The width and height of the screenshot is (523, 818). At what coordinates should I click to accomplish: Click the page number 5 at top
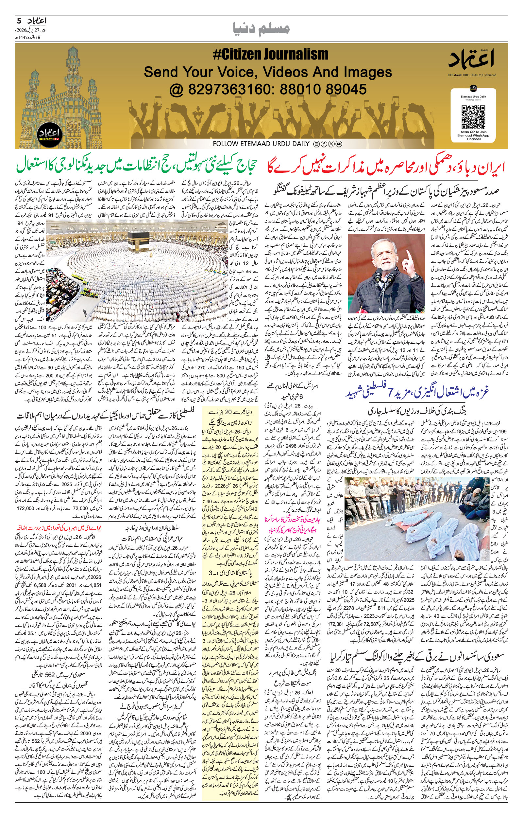point(19,21)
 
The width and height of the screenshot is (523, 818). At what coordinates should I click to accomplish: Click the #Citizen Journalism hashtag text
point(270,54)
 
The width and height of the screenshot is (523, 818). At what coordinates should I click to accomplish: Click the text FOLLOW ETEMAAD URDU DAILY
point(261,144)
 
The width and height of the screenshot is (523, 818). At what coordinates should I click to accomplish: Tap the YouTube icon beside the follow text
point(339,144)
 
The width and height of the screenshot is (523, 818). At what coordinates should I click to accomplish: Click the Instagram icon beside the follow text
point(316,144)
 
